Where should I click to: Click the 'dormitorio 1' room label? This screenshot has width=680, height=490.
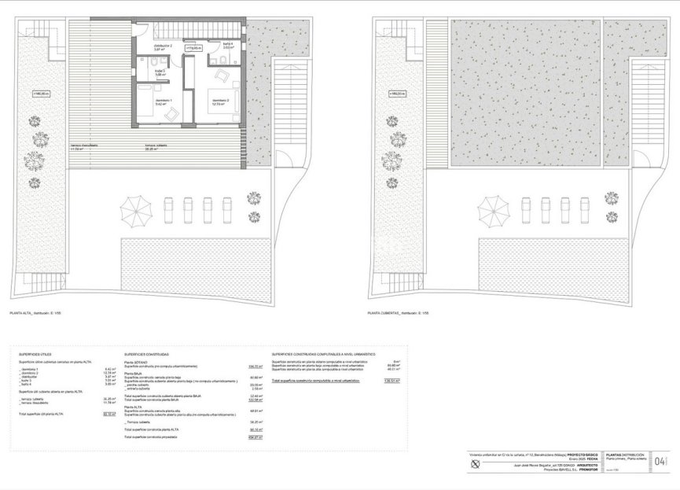point(163,102)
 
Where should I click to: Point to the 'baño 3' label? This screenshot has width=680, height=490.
point(159,73)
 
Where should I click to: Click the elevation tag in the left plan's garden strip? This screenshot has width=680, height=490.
point(41,94)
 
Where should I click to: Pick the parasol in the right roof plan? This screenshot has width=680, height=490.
point(493,211)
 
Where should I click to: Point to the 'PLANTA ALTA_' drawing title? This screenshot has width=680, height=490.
point(35,312)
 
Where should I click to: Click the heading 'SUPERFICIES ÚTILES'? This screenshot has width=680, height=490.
point(36,355)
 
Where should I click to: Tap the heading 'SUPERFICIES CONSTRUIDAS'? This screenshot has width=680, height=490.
point(146,355)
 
